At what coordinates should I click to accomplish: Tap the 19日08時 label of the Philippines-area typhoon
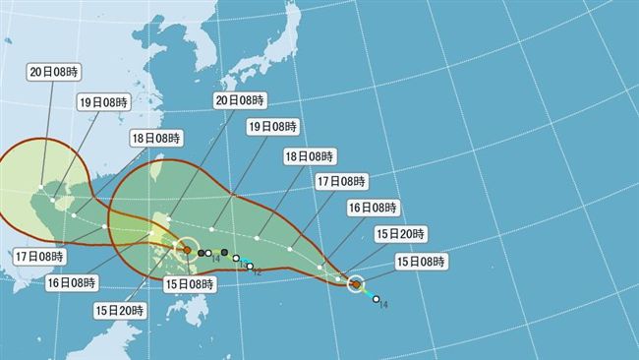(x=104, y=100)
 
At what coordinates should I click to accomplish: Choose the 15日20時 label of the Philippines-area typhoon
(x=122, y=309)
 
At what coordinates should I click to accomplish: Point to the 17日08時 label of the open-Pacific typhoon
(x=341, y=181)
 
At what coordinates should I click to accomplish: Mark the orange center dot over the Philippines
(x=187, y=251)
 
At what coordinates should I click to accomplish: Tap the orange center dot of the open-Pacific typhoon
(x=355, y=285)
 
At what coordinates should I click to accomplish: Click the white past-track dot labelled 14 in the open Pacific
(x=376, y=299)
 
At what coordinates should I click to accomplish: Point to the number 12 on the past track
(x=258, y=271)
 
